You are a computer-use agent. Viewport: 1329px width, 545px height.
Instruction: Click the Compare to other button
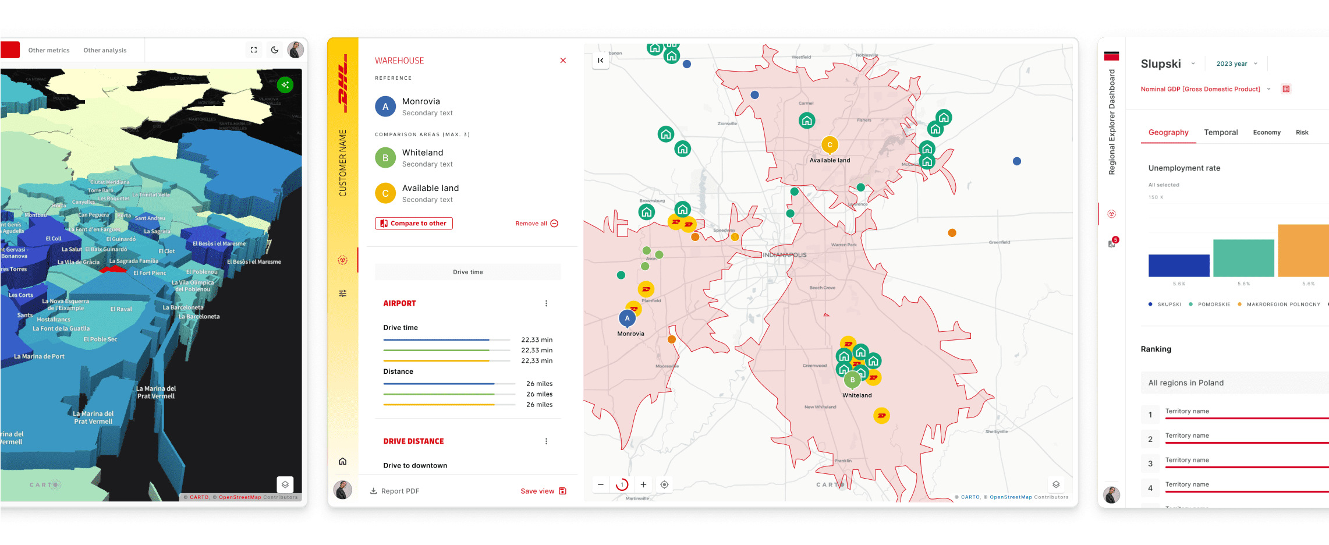tap(414, 224)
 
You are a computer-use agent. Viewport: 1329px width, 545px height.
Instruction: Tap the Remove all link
tap(536, 224)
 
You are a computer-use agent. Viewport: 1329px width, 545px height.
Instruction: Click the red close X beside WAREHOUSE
tap(563, 61)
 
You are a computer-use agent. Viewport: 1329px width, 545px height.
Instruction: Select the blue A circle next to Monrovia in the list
tap(385, 107)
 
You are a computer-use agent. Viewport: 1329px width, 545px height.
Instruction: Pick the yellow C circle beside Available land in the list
tap(385, 193)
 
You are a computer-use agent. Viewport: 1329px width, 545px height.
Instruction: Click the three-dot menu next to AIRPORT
tap(546, 303)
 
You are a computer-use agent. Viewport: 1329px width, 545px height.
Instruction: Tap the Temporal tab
tap(1221, 133)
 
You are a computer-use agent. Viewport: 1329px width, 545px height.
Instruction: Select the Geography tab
tap(1168, 133)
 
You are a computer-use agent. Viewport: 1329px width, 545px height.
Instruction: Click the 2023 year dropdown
tap(1236, 64)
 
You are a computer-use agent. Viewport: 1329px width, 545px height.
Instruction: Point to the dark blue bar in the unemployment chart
tap(1179, 266)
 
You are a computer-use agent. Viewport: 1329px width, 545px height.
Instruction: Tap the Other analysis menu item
tap(105, 51)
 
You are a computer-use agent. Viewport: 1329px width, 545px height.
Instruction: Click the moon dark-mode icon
tap(275, 50)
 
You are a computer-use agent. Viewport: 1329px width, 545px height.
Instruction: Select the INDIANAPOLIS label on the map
tap(785, 255)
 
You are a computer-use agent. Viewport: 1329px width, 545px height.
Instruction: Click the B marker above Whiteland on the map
tap(852, 380)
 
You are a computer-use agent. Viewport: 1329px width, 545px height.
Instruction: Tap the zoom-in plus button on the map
tap(643, 484)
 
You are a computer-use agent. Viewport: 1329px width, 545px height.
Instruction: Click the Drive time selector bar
tap(468, 272)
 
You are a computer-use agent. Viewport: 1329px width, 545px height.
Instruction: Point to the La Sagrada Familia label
tap(134, 261)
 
